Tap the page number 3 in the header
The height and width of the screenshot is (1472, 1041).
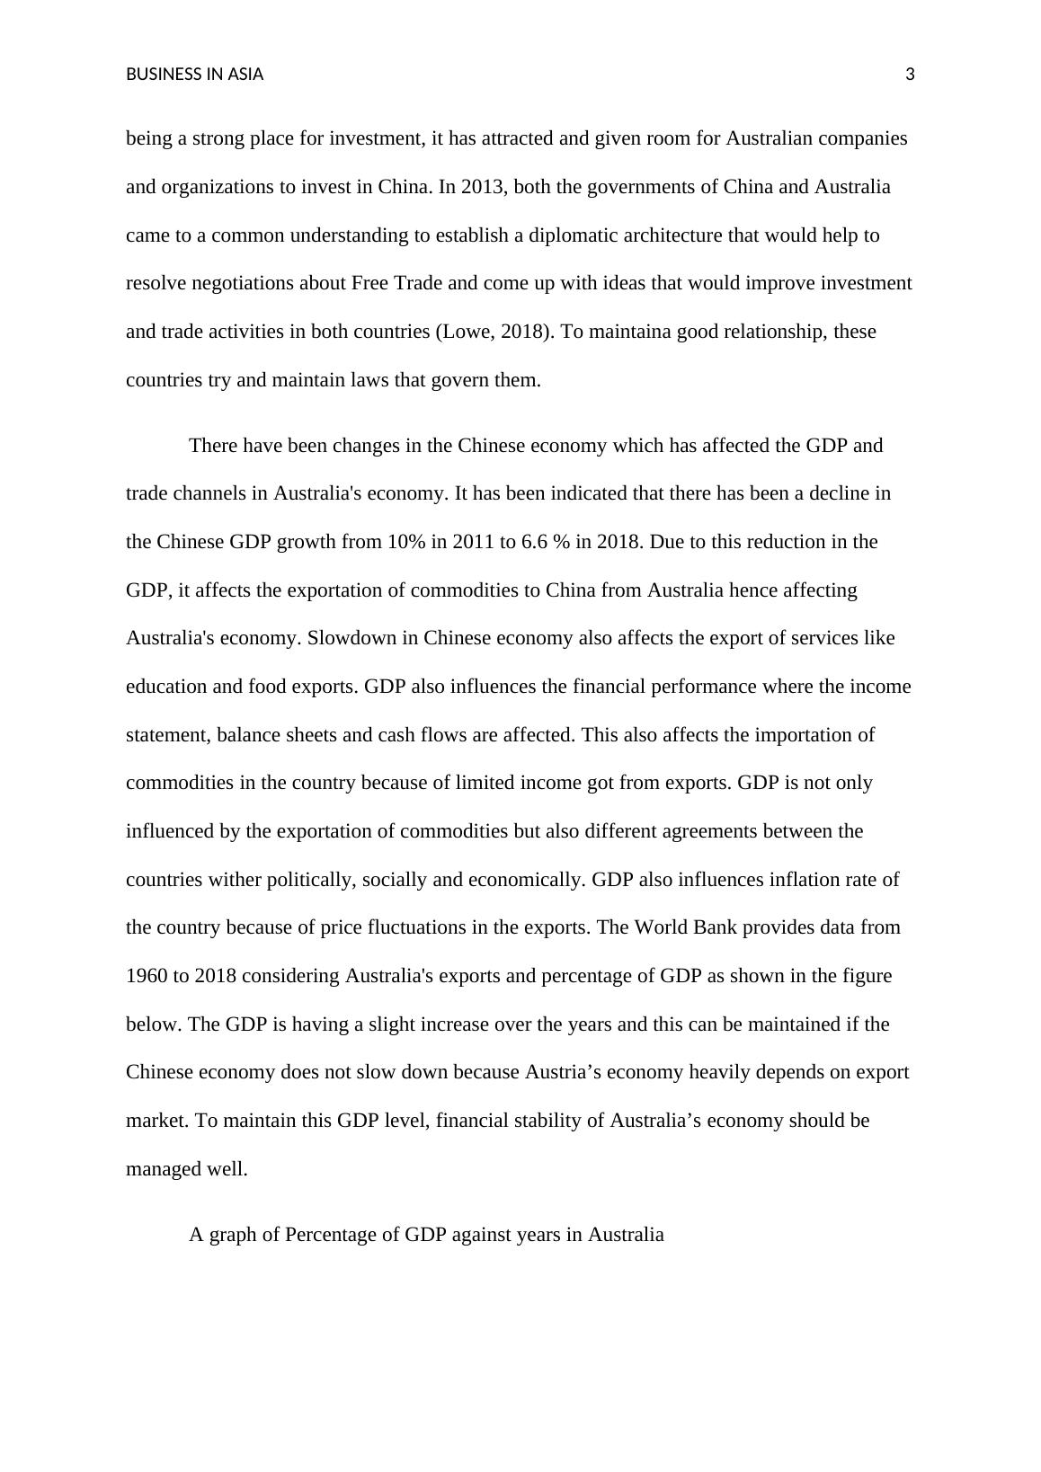(910, 75)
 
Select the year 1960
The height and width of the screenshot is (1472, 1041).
(147, 976)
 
